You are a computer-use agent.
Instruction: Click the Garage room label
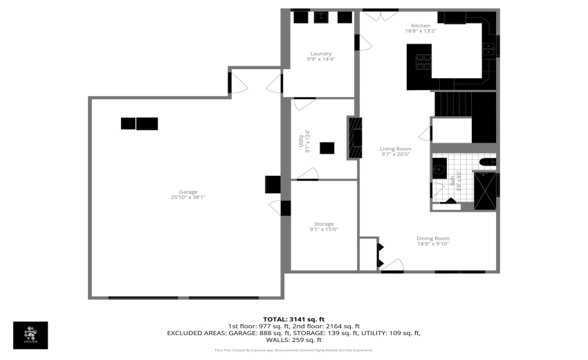[x=188, y=192]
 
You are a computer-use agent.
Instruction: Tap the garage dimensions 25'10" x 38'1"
[x=188, y=197]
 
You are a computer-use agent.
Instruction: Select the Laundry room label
[x=321, y=53]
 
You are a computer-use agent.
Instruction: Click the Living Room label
[x=396, y=149]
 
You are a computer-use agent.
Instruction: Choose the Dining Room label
[x=432, y=239]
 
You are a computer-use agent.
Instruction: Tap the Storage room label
[x=324, y=224]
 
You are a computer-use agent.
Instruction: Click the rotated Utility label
[x=300, y=141]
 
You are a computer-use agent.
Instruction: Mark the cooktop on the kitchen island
[x=423, y=62]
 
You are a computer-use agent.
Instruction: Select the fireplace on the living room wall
[x=355, y=138]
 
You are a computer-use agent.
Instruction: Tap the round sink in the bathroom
[x=439, y=168]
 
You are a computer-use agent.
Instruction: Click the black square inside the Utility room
[x=327, y=147]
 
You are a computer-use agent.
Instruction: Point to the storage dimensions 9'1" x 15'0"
[x=324, y=229]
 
